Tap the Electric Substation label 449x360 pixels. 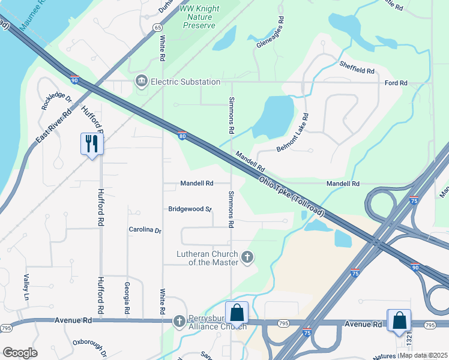[185, 82]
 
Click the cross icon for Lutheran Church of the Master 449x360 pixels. [247, 258]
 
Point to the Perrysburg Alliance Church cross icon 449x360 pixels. [178, 322]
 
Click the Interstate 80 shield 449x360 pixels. [181, 136]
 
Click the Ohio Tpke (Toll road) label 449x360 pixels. [291, 197]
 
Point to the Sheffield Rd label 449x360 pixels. [357, 67]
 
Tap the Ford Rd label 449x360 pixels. [396, 83]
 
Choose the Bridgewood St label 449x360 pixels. [190, 209]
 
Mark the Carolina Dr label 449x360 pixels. [145, 230]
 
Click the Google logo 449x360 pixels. [20, 353]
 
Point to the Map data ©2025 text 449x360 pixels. [423, 355]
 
